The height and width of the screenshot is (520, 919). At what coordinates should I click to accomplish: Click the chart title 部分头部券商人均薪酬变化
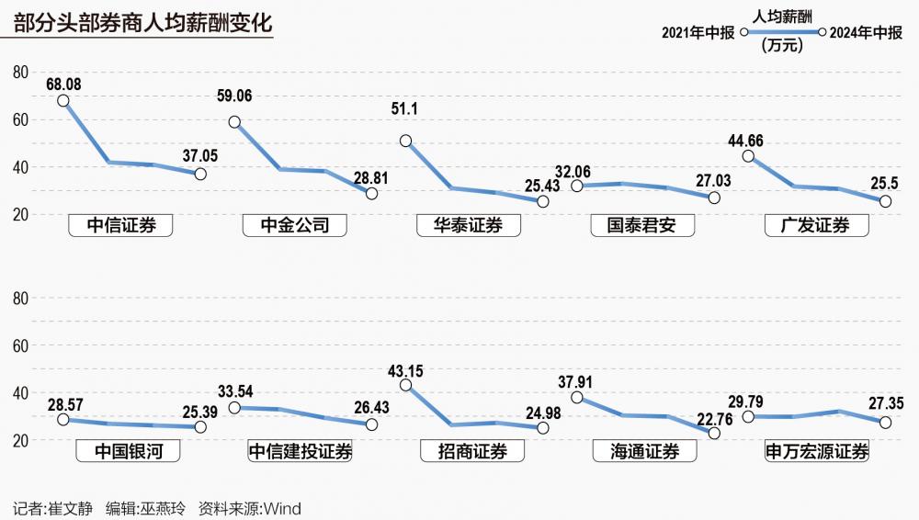coord(143,23)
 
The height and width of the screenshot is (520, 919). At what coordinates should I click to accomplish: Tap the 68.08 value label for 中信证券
coord(63,84)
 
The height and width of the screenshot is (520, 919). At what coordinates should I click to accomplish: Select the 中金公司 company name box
coord(294,225)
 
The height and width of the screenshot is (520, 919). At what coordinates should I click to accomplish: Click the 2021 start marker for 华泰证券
coord(405,141)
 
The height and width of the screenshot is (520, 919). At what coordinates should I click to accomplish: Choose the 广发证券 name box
coord(817,225)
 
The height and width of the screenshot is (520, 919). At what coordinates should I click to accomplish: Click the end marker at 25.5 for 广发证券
coord(886,200)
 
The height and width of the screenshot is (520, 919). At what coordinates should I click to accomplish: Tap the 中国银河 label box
coord(120,451)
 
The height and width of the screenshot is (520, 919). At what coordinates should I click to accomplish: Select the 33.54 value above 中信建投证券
coord(237,390)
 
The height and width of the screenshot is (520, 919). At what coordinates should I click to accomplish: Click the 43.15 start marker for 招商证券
coord(405,386)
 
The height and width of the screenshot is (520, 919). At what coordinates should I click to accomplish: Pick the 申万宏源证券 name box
coord(817,451)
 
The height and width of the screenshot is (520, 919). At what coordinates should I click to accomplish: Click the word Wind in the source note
coord(282,508)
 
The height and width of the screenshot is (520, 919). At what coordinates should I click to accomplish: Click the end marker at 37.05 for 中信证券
coord(200,174)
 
